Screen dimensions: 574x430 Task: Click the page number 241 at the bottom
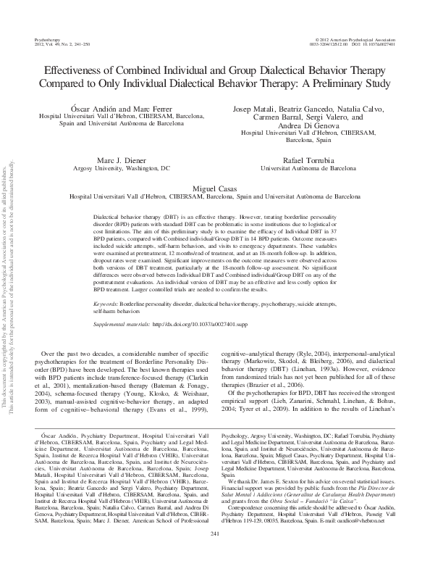[x=214, y=554]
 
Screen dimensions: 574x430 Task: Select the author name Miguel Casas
[x=214, y=187]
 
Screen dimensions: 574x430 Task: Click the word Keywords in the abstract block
[x=111, y=283]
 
